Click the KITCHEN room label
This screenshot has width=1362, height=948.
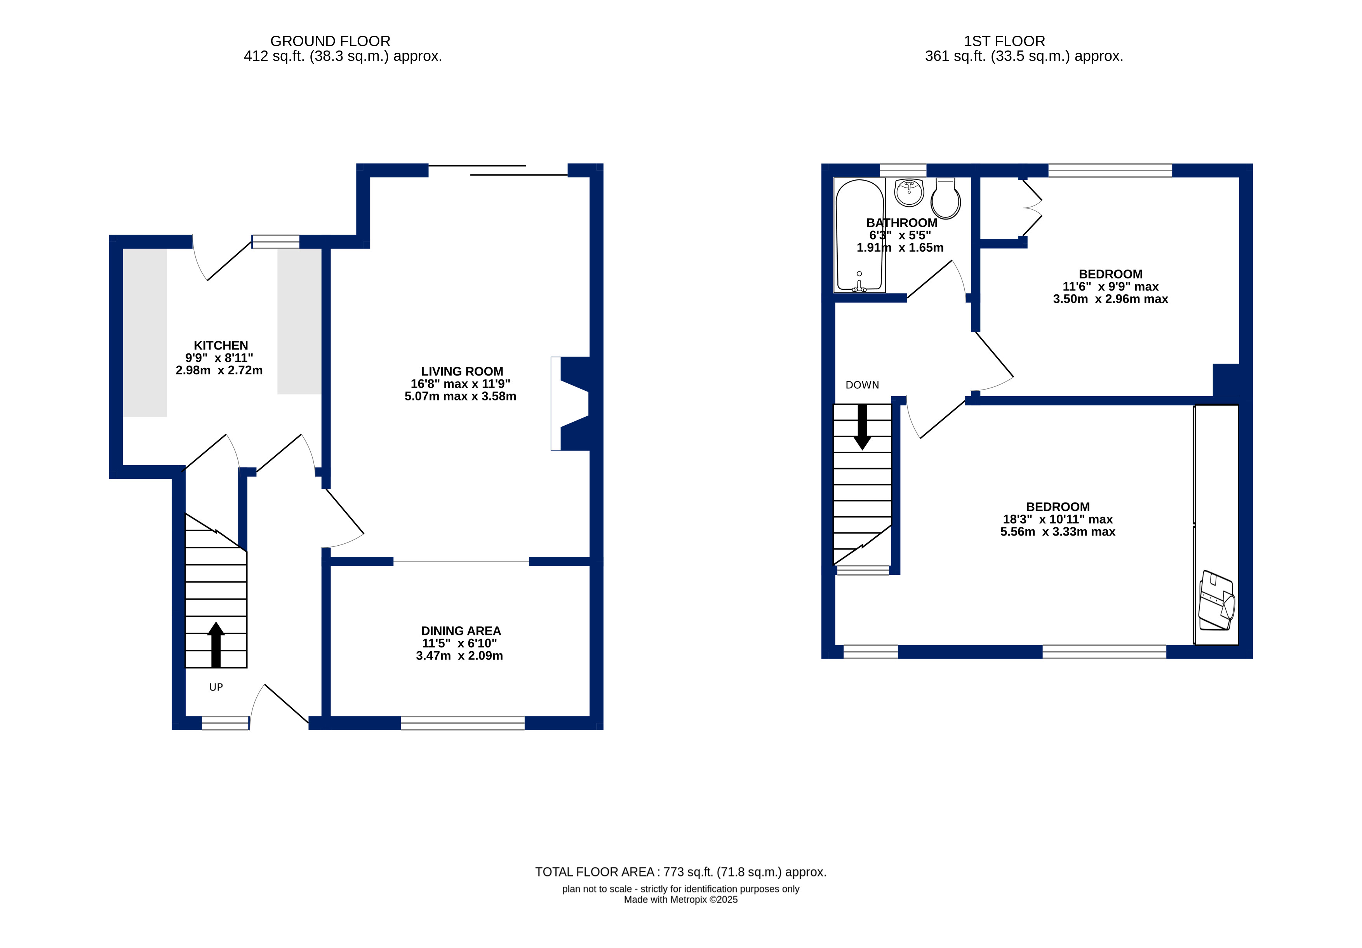click(221, 345)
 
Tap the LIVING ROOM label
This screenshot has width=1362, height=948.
click(462, 371)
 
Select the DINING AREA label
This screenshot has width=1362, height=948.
click(461, 631)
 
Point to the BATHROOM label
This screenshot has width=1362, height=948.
click(902, 223)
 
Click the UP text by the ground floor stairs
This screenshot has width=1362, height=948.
click(216, 687)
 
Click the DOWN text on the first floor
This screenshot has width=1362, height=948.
click(862, 385)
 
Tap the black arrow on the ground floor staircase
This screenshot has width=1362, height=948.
click(216, 645)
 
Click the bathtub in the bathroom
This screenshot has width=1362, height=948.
click(859, 235)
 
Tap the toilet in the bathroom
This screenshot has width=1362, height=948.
click(946, 199)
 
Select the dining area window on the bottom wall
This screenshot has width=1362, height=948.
click(463, 723)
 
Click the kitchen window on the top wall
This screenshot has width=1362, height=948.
click(276, 242)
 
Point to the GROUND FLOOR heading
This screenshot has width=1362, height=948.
click(330, 41)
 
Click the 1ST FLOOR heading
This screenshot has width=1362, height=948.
click(1004, 41)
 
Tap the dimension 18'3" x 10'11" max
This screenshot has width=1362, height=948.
click(1058, 519)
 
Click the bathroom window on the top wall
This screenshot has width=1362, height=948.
click(903, 170)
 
